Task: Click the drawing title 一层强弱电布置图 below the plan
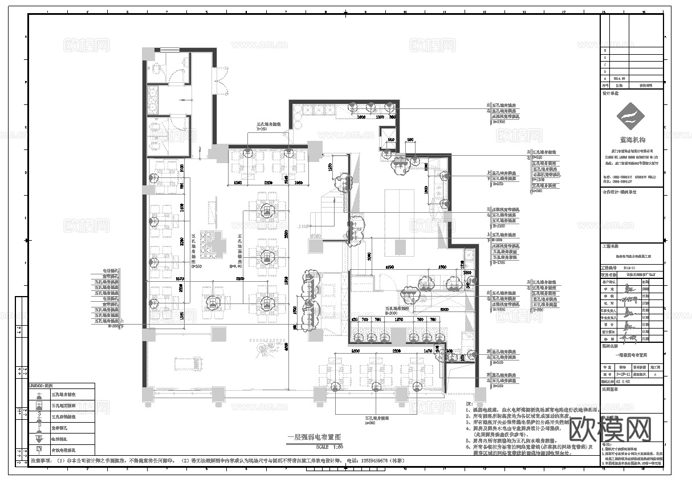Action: (x=315, y=438)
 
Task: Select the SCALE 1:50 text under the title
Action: (x=315, y=447)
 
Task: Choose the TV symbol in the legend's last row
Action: (x=39, y=450)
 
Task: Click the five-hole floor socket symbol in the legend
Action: (x=39, y=406)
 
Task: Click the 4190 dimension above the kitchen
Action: (x=390, y=266)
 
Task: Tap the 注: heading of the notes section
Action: (x=469, y=403)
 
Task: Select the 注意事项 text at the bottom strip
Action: (x=41, y=460)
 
